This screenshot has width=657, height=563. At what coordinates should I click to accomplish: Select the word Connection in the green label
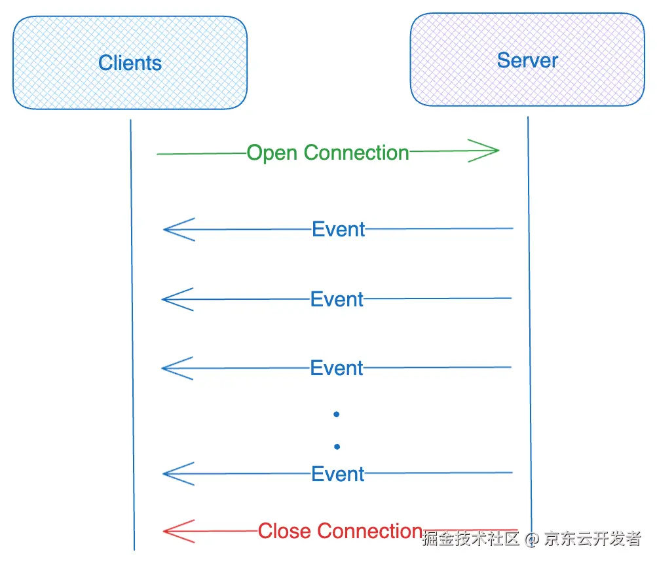pos(357,153)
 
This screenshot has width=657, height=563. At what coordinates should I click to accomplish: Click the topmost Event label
pos(339,230)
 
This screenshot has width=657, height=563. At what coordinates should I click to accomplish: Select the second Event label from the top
pos(337,300)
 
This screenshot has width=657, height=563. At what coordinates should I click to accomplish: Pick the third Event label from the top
pos(337,369)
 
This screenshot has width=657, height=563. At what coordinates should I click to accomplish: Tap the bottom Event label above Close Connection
pos(338,474)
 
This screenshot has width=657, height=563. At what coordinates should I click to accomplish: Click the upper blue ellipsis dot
pos(337,414)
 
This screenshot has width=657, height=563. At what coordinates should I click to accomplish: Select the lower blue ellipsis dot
pos(337,447)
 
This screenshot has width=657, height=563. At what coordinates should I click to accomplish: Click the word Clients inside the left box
pos(130,63)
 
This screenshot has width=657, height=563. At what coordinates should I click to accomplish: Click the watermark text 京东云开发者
pos(593,539)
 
